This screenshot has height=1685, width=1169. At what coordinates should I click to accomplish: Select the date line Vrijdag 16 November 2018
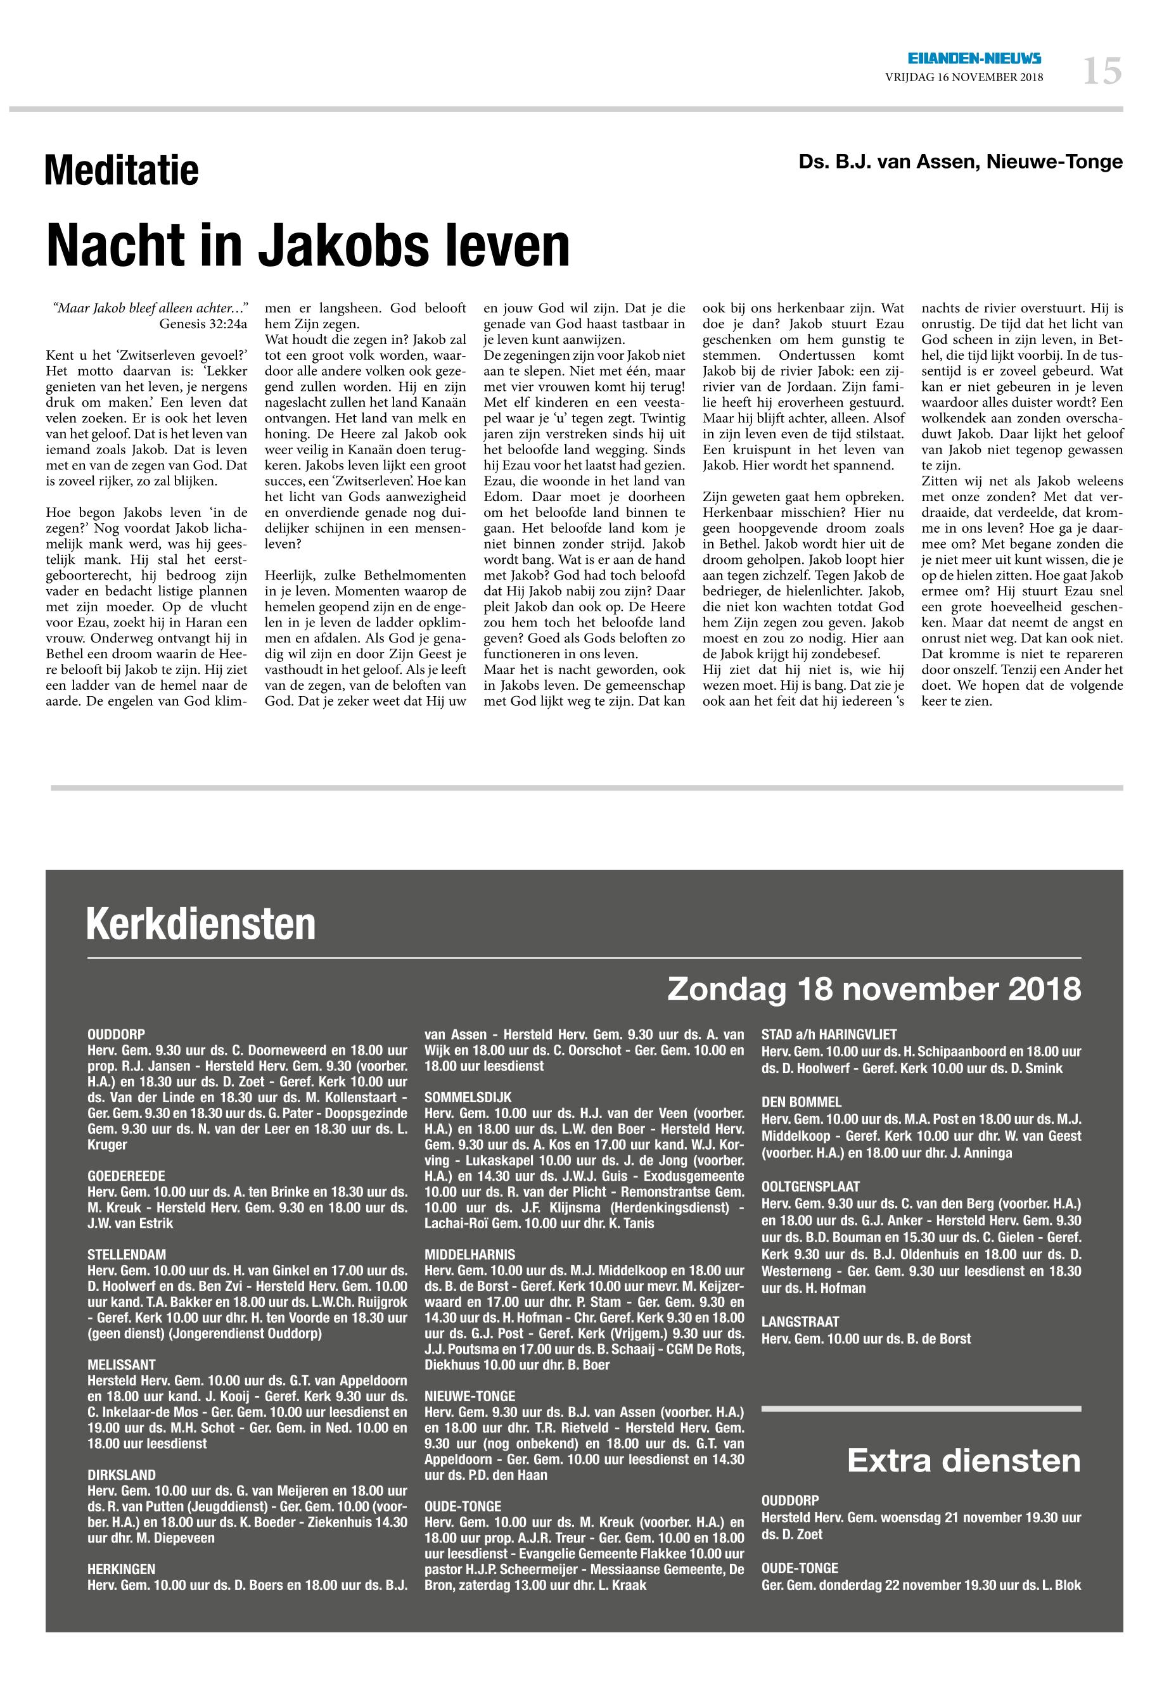[x=964, y=77]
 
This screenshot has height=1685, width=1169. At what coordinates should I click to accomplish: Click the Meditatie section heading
[x=122, y=172]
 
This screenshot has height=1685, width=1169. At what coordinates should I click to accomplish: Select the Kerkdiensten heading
[x=201, y=924]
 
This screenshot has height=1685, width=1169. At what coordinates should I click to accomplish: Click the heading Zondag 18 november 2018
[x=874, y=989]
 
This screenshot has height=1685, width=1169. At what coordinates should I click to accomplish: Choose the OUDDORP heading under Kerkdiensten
[x=117, y=1034]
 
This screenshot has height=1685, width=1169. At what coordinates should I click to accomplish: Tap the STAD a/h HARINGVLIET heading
[x=829, y=1034]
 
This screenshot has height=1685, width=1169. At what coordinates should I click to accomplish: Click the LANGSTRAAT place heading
[x=801, y=1322]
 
